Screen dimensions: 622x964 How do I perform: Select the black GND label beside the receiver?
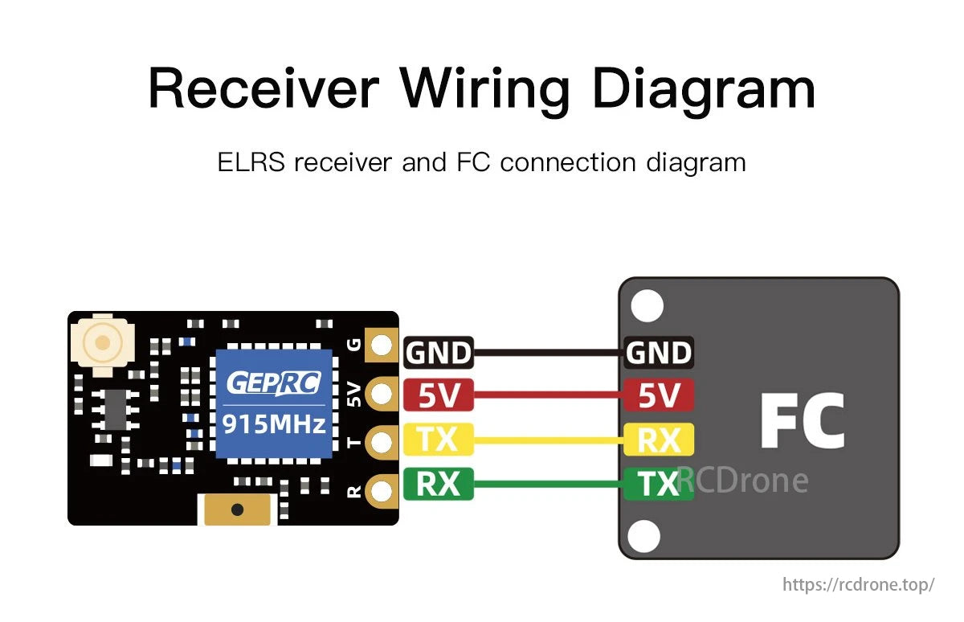[438, 353]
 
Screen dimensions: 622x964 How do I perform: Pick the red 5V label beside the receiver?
[438, 395]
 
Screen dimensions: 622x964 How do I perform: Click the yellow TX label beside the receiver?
[438, 440]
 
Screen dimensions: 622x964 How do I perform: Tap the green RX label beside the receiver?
[438, 484]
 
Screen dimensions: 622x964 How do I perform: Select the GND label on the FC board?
[658, 353]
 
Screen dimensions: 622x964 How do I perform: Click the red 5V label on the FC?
[658, 395]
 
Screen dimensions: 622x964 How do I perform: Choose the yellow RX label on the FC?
[658, 440]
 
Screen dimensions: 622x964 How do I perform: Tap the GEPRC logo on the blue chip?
[273, 383]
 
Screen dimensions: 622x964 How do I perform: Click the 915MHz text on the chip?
[273, 423]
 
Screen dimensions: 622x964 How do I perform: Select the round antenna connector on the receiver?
[101, 343]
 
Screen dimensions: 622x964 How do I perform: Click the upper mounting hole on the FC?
[647, 306]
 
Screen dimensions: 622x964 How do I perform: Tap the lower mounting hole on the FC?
[644, 535]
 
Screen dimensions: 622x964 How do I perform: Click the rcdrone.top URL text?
[858, 584]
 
